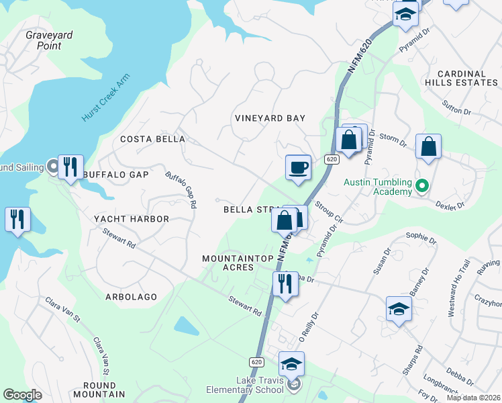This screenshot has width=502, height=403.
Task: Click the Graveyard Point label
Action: point(48,40)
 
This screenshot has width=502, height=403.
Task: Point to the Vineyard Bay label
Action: point(270,118)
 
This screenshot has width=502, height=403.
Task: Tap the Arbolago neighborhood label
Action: point(131,296)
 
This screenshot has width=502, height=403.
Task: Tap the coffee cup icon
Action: point(297,167)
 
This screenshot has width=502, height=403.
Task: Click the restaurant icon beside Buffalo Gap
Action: point(70,167)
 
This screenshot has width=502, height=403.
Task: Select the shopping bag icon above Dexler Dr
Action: point(428,146)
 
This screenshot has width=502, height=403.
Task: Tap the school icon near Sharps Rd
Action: point(399,309)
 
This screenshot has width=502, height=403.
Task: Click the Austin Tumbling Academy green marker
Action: point(422,185)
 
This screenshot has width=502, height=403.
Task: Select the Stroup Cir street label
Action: point(329,211)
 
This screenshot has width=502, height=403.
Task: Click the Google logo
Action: point(22,395)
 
